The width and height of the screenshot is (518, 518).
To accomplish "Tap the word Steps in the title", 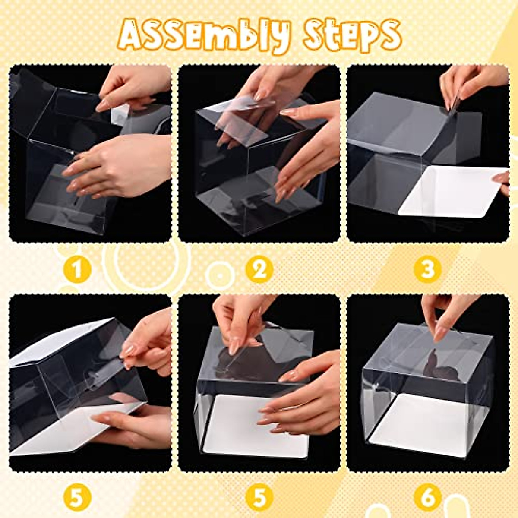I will [352, 35].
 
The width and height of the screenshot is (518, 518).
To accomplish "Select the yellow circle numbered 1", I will [78, 270].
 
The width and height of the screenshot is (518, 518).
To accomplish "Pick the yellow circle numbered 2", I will [259, 270].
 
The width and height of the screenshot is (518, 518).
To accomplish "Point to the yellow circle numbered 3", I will [427, 270].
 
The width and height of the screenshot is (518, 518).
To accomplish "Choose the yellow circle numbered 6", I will [427, 497].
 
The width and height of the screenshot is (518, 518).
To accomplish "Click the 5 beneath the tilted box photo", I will [78, 497].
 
